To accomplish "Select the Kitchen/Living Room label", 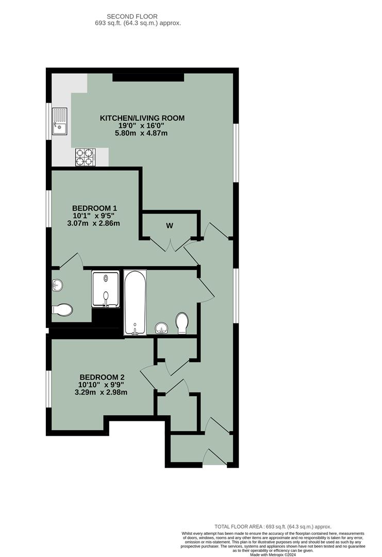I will [x=142, y=118].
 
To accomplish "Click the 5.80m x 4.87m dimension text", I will [x=142, y=134].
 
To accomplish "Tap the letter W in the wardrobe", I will [x=169, y=225].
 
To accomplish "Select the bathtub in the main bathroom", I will [x=135, y=303].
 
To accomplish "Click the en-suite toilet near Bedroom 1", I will [x=62, y=309].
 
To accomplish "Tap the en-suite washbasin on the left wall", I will [x=57, y=285].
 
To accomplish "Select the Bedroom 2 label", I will [x=101, y=377].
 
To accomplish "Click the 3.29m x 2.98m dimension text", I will [x=101, y=392].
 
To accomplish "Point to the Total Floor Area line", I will [x=273, y=527].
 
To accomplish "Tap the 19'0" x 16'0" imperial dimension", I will [x=142, y=126].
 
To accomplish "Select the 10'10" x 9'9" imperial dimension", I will [x=101, y=385].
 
